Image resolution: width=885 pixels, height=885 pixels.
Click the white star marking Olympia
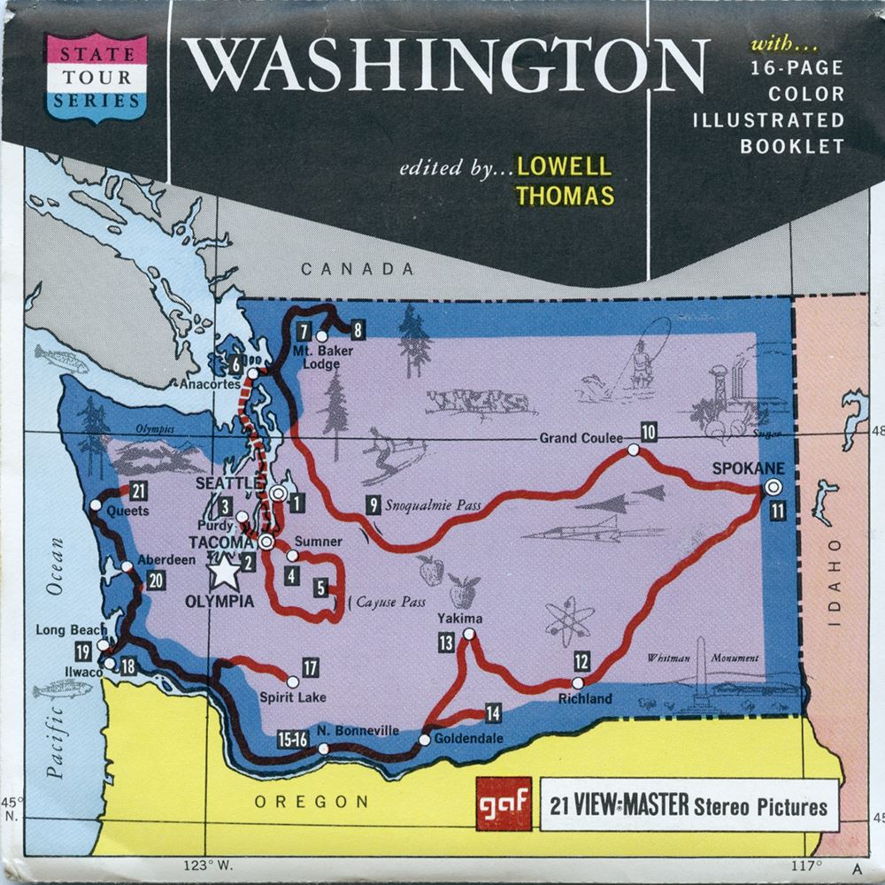pyautogui.click(x=226, y=573)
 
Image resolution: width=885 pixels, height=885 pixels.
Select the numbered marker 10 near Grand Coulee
pyautogui.click(x=649, y=432)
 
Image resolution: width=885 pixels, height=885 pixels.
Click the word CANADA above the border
pyautogui.click(x=357, y=269)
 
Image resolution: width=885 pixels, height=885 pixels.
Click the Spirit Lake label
pyautogui.click(x=292, y=697)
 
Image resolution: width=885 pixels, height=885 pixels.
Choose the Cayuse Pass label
pyautogui.click(x=390, y=602)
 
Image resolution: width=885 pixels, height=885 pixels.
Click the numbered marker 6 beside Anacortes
pyautogui.click(x=235, y=363)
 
